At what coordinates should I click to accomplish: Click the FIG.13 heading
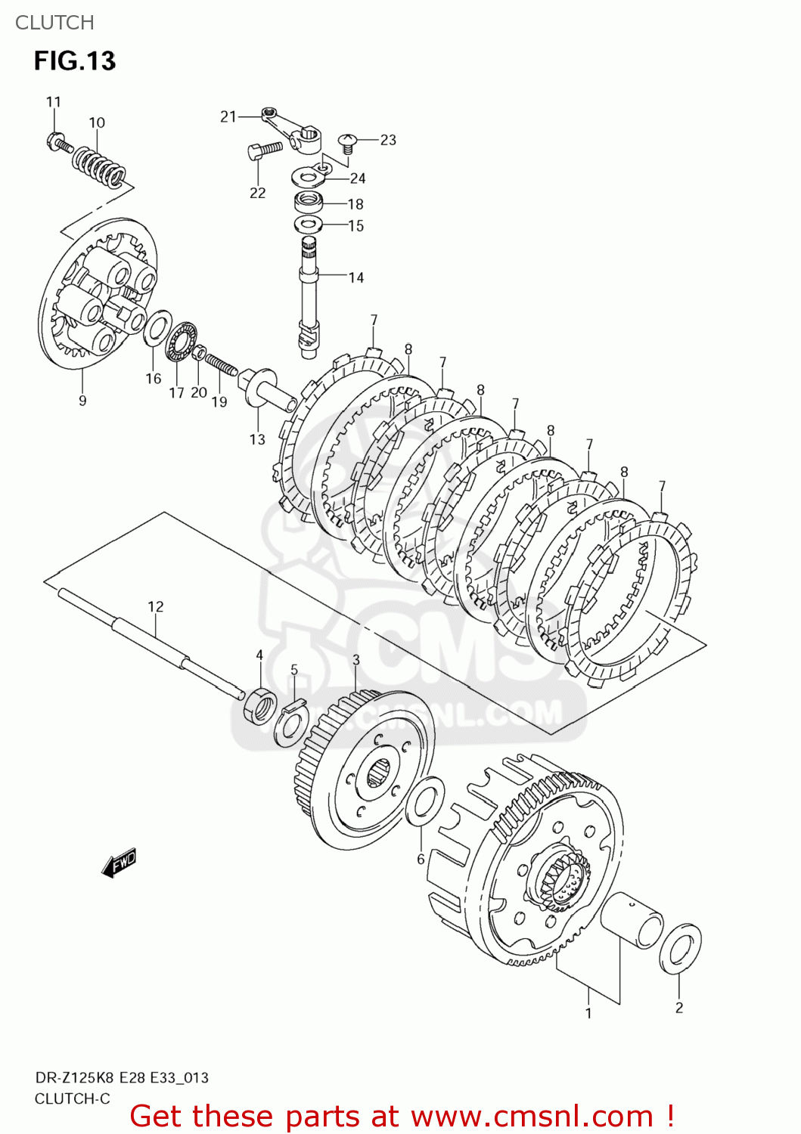click(x=74, y=61)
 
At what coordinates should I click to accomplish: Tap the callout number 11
click(x=53, y=102)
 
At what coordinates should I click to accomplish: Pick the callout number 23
click(x=388, y=140)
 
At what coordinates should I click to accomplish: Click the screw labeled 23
click(x=348, y=142)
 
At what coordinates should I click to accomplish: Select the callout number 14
click(x=356, y=277)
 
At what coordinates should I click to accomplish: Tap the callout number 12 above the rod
click(x=155, y=606)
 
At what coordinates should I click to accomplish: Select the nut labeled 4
click(x=259, y=705)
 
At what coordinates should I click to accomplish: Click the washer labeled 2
click(x=679, y=948)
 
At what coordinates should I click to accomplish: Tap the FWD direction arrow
click(x=120, y=863)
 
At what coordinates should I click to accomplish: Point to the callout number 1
click(x=588, y=1013)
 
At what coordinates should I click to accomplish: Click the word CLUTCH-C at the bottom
click(x=72, y=1098)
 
